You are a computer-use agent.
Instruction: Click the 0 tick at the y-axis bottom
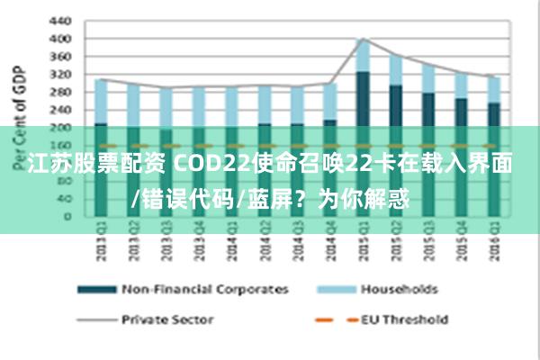tap(67, 216)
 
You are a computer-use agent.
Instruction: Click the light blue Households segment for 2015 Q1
tap(362, 56)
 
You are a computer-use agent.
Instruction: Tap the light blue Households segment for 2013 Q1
tap(101, 101)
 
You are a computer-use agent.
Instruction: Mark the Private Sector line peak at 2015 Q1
tap(362, 39)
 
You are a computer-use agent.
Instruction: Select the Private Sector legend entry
tap(166, 319)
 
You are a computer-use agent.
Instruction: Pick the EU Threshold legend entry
tap(404, 319)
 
